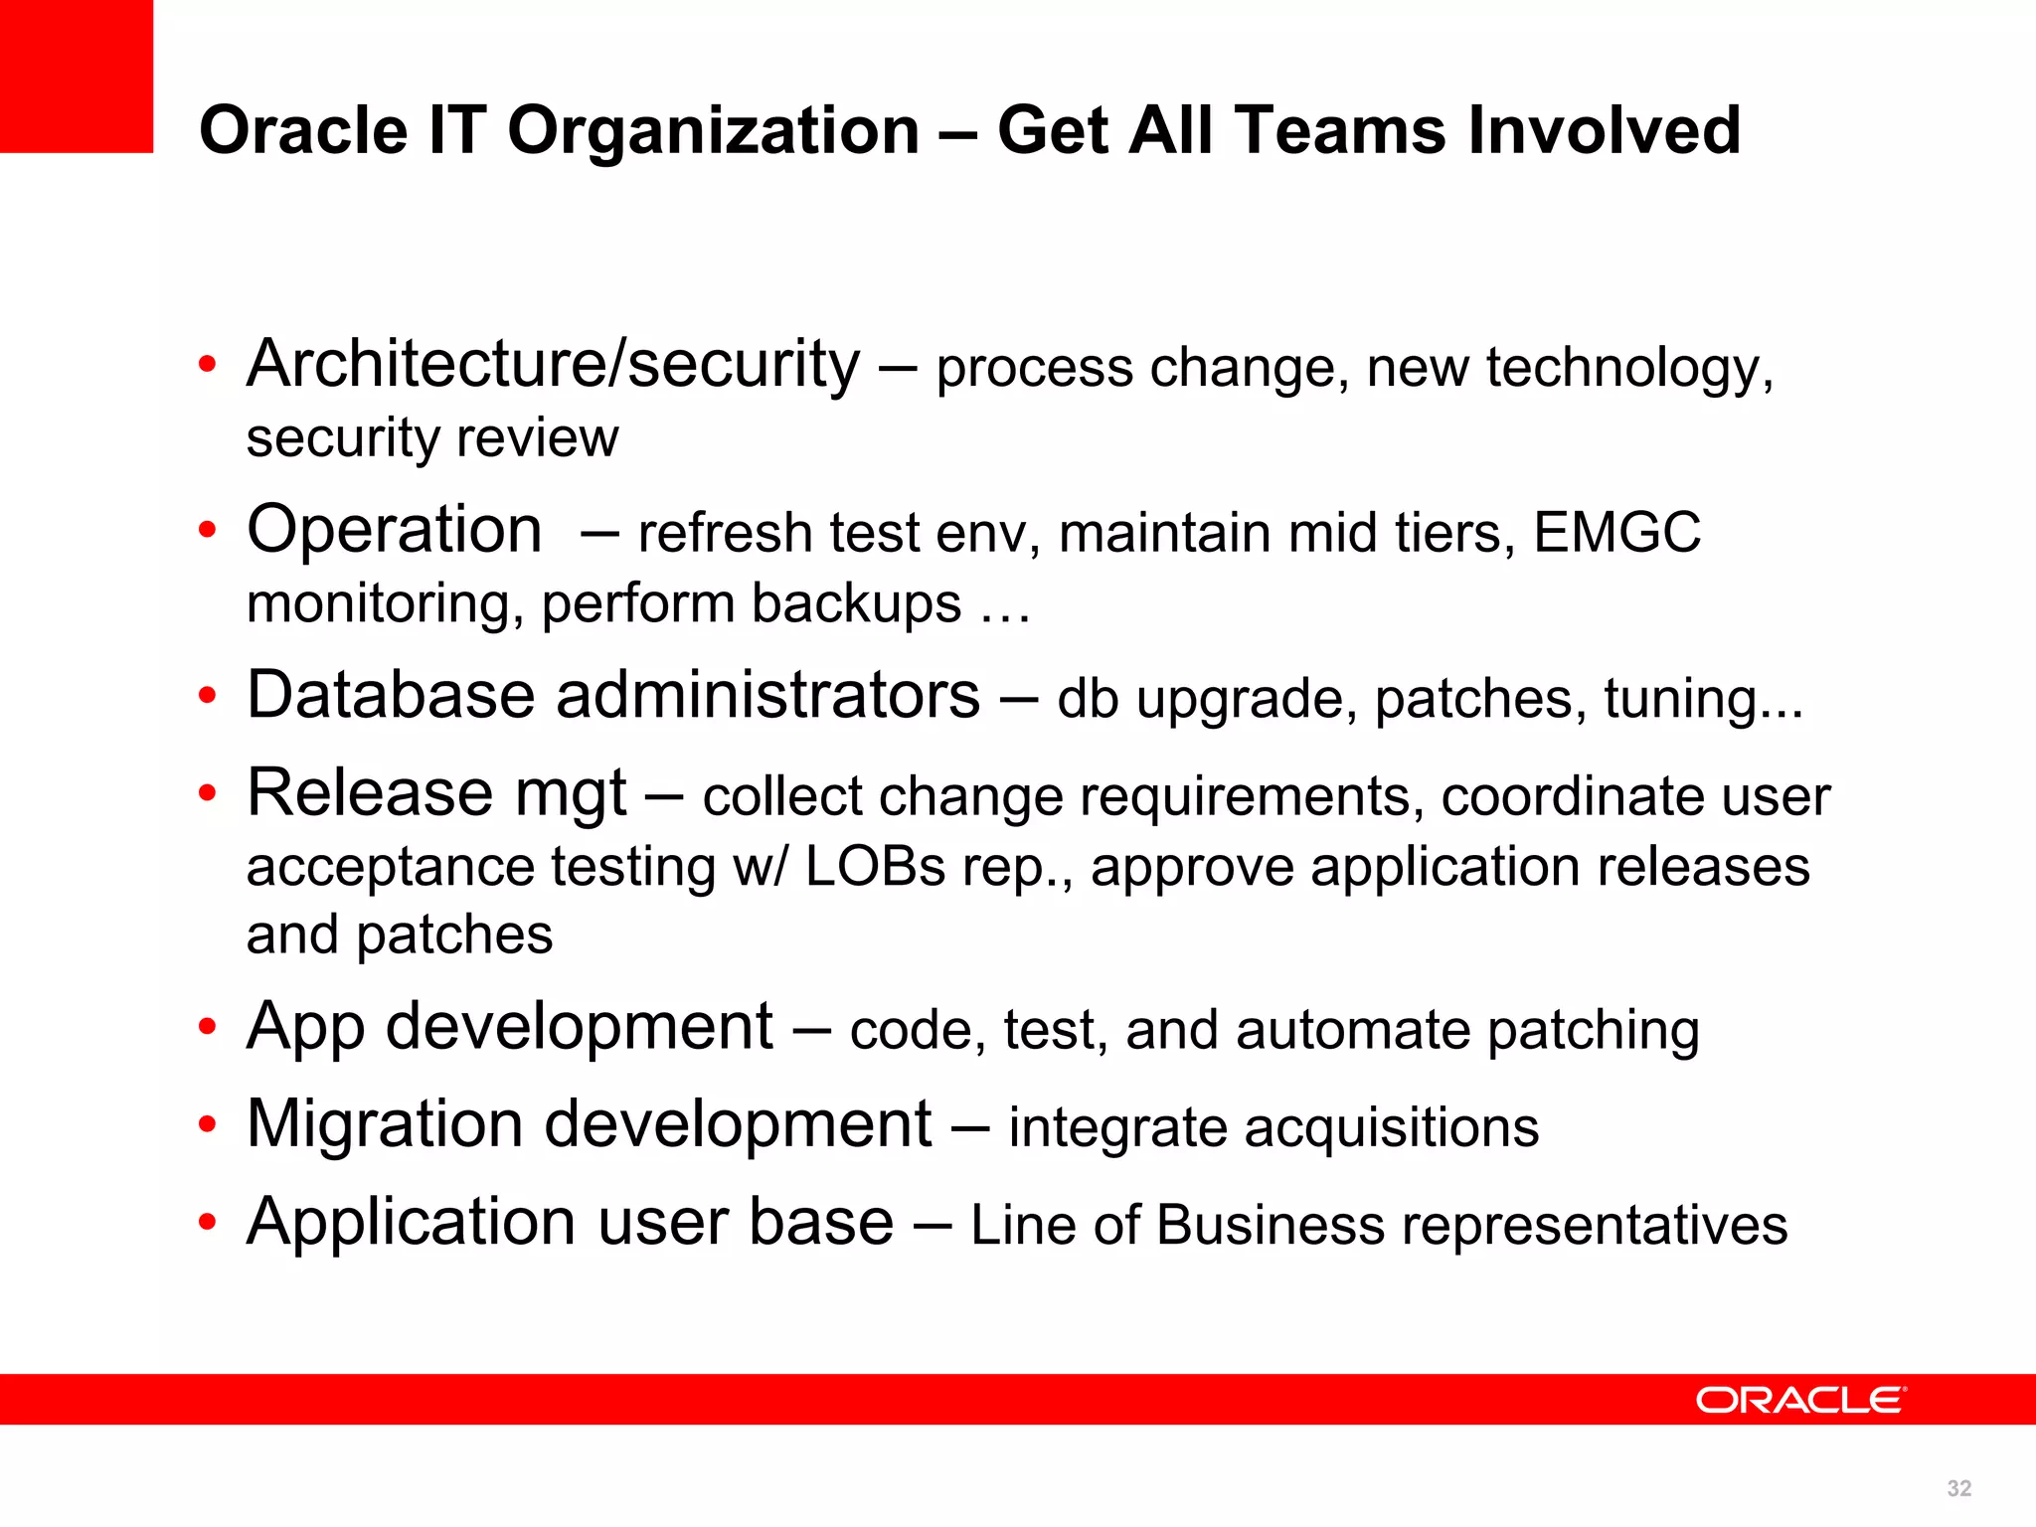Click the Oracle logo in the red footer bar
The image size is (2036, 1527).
pos(1800,1400)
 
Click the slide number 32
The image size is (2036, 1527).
pos(1959,1488)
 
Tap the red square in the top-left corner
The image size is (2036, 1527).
pos(76,76)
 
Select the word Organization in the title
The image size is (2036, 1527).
pos(714,130)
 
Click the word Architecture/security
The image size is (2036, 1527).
pos(553,364)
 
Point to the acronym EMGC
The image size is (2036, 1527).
pos(1616,533)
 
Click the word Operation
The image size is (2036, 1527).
pos(395,530)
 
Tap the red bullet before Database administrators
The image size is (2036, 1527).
pos(207,696)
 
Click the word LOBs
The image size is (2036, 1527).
pos(875,867)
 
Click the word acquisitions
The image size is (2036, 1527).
pos(1391,1128)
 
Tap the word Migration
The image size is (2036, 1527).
pos(384,1124)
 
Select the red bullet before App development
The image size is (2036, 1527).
pos(207,1027)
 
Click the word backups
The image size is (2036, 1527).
pos(855,603)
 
